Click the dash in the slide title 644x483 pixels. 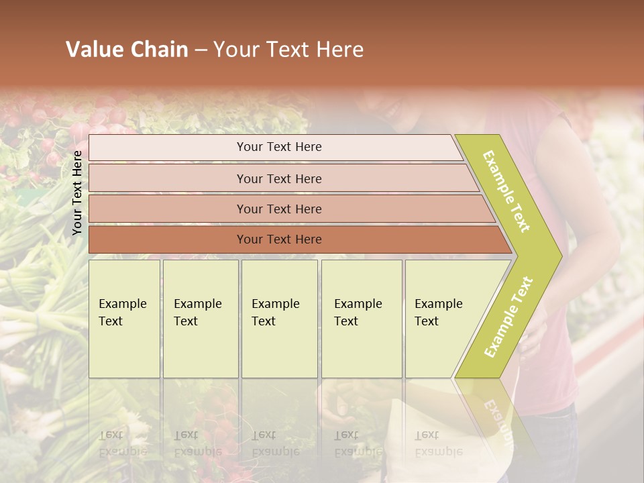pos(201,50)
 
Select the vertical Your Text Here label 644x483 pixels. pos(77,193)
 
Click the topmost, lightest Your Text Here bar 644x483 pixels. pos(279,147)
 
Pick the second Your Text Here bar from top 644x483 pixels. pos(279,178)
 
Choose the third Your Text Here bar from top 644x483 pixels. pos(279,209)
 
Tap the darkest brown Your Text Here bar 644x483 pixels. pos(279,239)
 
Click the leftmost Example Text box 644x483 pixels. pos(124,319)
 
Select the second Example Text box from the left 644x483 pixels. pos(200,319)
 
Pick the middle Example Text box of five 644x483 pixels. pos(279,319)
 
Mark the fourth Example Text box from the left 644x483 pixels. pos(361,319)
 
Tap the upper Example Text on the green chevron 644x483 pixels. pos(506,191)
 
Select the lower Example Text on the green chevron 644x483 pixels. pos(508,317)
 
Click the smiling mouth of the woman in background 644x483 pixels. pos(392,107)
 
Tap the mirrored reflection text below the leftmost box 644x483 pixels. pos(122,443)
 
